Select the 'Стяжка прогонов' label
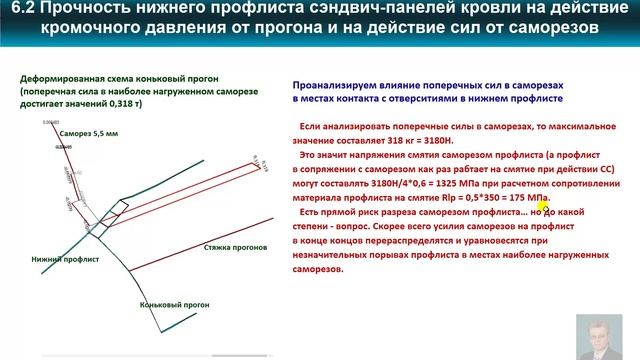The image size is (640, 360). [x=234, y=245]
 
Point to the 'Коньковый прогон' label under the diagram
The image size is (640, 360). [x=169, y=305]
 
